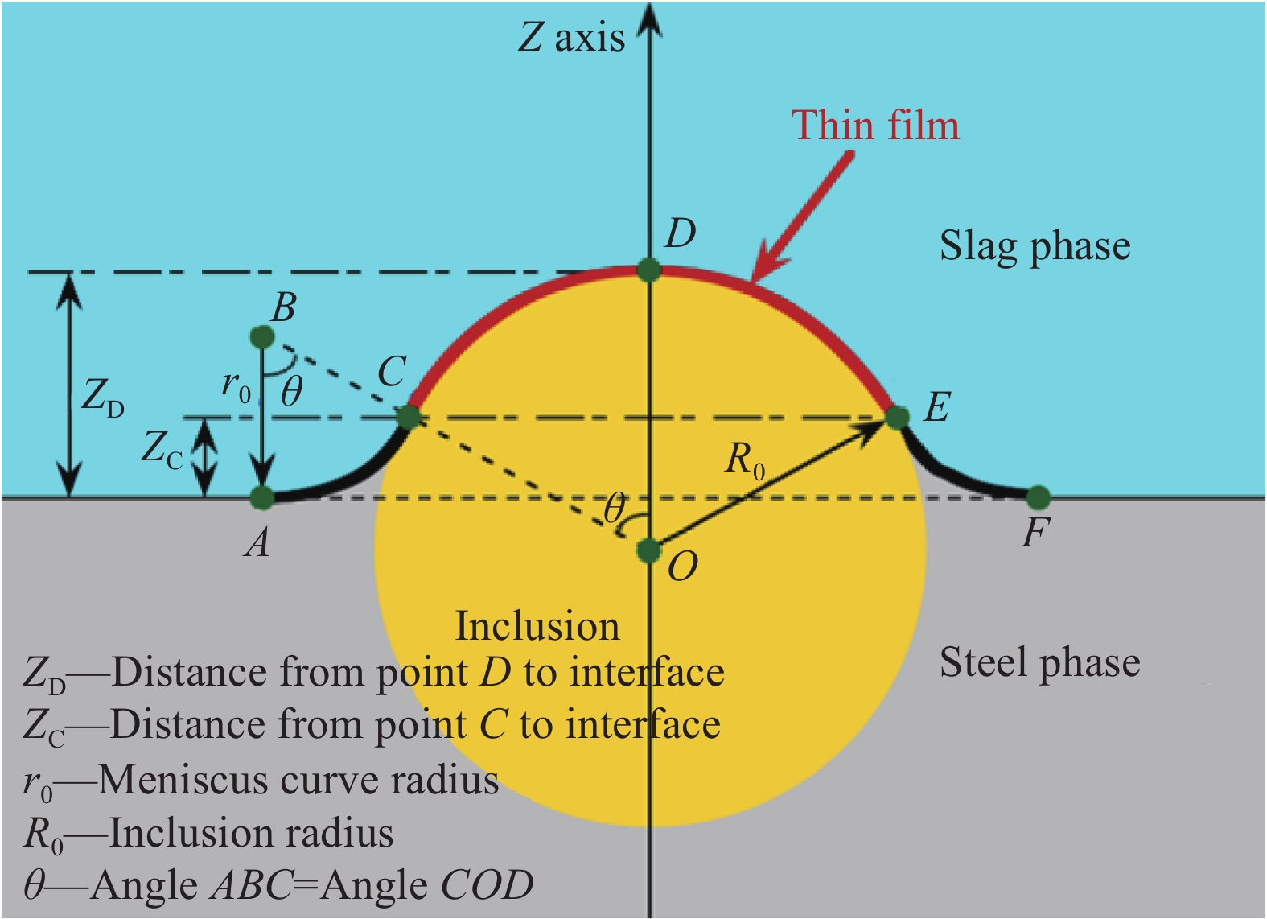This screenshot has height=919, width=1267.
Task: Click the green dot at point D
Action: (x=648, y=270)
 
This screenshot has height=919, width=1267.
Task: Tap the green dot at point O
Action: (x=648, y=550)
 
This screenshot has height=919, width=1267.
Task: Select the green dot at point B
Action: (x=262, y=337)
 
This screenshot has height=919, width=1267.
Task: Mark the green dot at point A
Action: (x=262, y=498)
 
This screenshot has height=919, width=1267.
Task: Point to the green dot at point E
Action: (x=897, y=418)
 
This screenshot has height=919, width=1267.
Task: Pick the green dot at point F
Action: (x=1038, y=498)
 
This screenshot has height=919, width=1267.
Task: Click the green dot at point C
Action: (x=409, y=418)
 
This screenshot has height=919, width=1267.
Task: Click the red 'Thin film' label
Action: (x=875, y=125)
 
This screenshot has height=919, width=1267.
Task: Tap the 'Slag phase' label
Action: (x=1035, y=247)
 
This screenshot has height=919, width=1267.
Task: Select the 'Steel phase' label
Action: (x=1039, y=663)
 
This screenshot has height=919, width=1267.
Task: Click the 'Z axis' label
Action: (x=572, y=39)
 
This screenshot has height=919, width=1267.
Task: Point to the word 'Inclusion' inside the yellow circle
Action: (x=537, y=626)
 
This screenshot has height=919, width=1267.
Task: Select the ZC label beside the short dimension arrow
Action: (x=162, y=449)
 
